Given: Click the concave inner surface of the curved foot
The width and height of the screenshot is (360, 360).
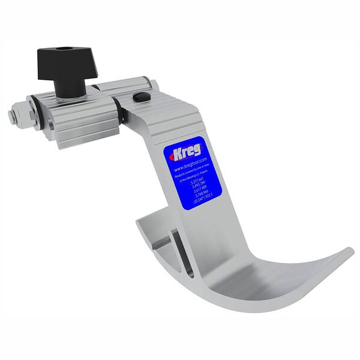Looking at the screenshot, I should click(259, 277).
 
